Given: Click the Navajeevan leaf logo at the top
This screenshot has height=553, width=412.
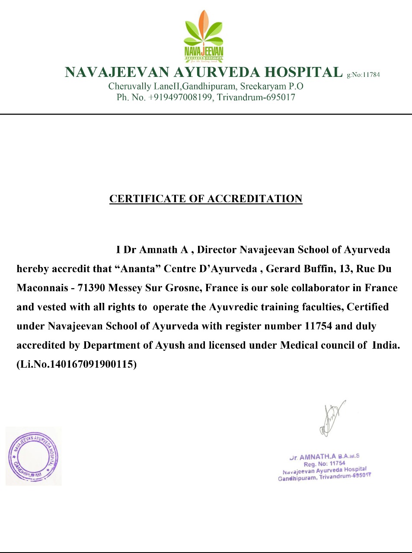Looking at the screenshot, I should [204, 37].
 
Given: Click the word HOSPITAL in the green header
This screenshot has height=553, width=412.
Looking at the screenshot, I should [303, 72].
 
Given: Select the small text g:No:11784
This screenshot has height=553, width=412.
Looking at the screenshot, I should [363, 75].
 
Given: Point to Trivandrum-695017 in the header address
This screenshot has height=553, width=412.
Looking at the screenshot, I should [256, 97].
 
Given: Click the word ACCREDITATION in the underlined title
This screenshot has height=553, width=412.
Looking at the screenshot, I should [255, 199].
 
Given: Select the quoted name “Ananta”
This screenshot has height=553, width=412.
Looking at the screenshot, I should [138, 269].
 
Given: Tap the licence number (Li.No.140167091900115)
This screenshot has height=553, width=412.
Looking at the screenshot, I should [77, 364].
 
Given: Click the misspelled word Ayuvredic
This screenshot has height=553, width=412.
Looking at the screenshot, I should [237, 307].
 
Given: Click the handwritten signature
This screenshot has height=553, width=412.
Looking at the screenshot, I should [331, 418].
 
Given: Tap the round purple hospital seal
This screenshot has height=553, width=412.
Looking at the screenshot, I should [33, 456].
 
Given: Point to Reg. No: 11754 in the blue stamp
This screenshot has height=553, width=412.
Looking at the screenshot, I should [324, 464].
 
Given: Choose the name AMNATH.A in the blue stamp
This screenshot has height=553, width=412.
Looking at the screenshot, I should [317, 457].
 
